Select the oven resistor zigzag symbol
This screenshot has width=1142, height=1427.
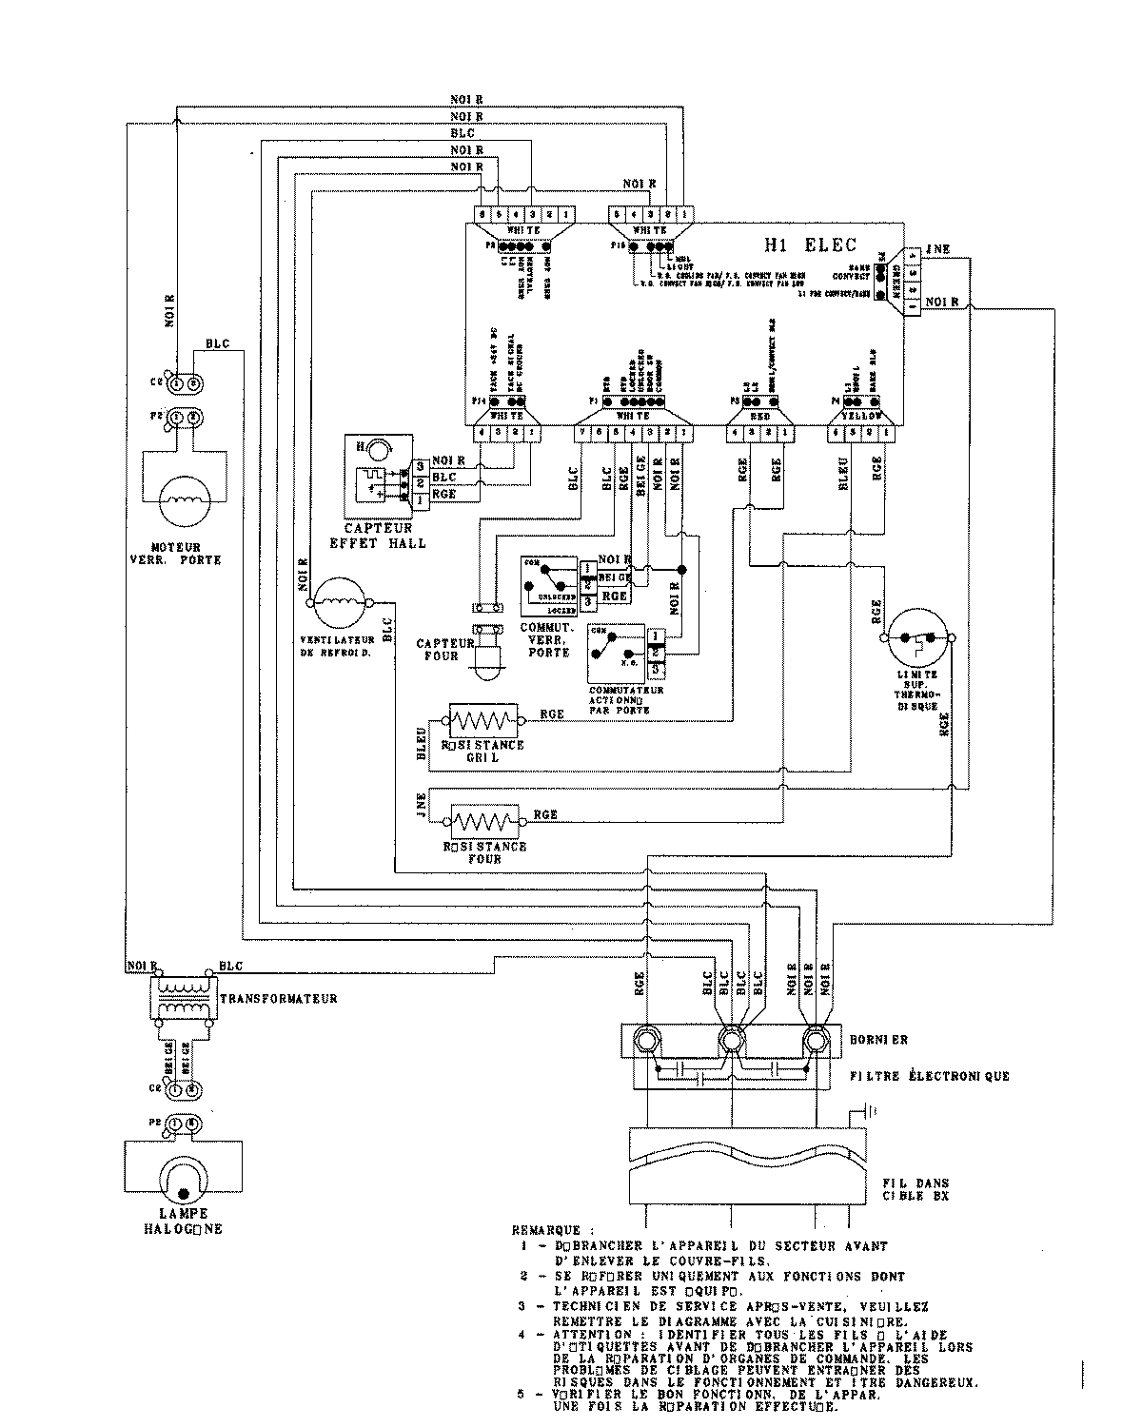(484, 819)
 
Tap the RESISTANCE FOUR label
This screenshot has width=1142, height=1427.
(484, 852)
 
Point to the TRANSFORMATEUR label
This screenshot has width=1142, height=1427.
(278, 1000)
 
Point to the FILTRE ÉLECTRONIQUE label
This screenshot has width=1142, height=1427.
(928, 1076)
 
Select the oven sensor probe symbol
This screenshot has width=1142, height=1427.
(492, 655)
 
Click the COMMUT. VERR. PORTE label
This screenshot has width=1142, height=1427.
(545, 640)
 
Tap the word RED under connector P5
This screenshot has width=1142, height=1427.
(758, 417)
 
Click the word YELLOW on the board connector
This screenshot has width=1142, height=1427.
(859, 417)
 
